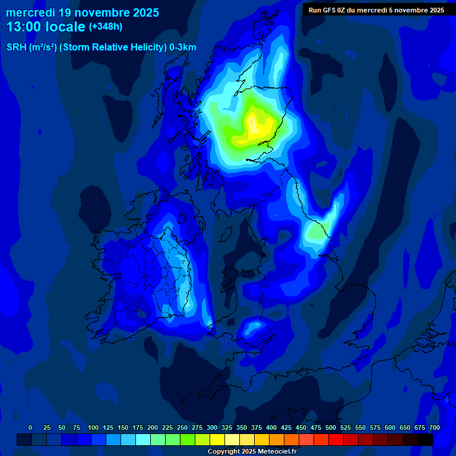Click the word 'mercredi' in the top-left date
[30, 12]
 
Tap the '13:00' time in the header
[23, 27]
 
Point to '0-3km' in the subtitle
[183, 47]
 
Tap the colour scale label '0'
[30, 427]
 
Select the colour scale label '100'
[93, 427]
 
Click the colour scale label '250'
[182, 427]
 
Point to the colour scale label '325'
[227, 427]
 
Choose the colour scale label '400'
[271, 427]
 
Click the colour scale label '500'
[331, 427]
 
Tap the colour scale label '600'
[390, 427]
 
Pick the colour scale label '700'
[435, 427]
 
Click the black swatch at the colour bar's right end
[425, 439]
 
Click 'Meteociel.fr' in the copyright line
[276, 452]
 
